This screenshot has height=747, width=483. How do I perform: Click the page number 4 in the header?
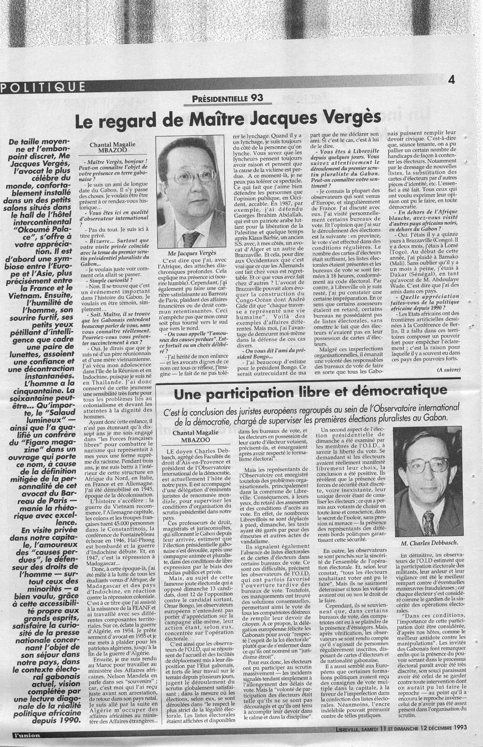point(451,79)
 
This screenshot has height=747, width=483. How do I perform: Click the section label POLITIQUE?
point(43,87)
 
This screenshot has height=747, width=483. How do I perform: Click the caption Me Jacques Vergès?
point(189,252)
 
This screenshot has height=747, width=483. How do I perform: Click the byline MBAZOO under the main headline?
point(113,152)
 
